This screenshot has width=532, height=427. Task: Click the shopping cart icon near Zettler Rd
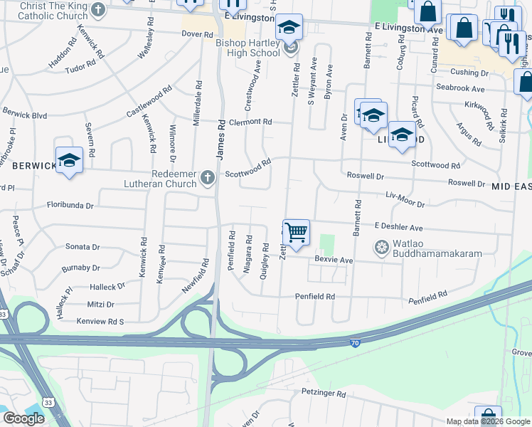(x=296, y=232)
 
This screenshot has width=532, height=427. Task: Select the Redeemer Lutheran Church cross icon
(x=208, y=177)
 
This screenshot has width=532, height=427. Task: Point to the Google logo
(x=23, y=418)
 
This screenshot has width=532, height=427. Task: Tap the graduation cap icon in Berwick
(x=70, y=160)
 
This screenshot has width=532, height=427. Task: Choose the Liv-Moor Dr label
(x=405, y=199)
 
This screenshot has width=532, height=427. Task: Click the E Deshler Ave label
(x=398, y=228)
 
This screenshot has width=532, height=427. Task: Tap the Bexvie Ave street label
(x=334, y=260)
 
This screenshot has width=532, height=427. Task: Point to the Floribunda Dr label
(x=70, y=206)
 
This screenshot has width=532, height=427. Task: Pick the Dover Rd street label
(x=197, y=34)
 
